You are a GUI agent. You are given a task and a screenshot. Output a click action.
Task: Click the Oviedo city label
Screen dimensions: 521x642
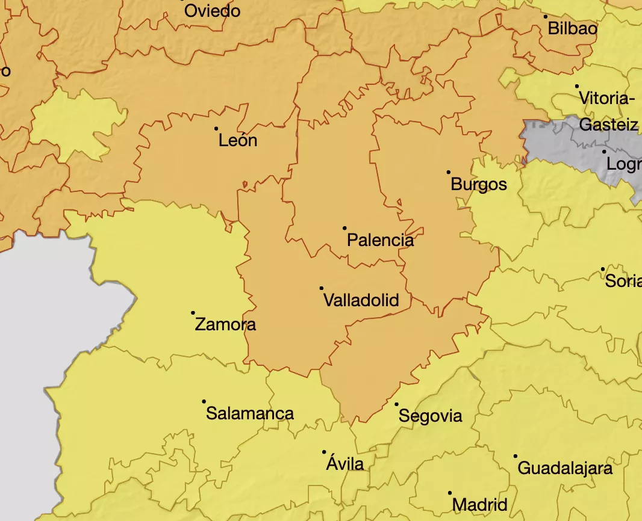click(212, 11)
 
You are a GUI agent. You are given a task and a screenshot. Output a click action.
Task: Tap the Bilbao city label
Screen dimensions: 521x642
click(572, 28)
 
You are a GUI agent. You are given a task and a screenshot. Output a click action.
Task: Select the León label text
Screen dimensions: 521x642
click(237, 141)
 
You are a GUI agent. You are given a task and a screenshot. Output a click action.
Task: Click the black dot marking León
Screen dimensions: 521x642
click(216, 128)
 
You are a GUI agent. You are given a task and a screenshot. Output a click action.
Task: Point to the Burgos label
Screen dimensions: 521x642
click(479, 184)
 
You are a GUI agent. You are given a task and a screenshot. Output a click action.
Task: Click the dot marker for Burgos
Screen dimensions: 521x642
click(449, 172)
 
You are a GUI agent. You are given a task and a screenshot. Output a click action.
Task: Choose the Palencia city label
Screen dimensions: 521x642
click(380, 241)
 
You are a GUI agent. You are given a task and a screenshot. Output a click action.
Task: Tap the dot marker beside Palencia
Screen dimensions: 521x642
click(344, 228)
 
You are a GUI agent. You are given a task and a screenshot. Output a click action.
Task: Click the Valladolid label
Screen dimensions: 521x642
click(361, 300)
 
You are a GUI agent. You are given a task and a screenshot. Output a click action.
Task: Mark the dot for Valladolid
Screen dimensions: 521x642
click(322, 289)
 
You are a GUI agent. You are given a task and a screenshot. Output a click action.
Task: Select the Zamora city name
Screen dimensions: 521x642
click(225, 325)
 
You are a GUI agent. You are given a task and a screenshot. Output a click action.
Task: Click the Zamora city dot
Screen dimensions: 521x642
click(193, 313)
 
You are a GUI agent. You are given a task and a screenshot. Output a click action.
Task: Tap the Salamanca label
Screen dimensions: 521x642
click(249, 413)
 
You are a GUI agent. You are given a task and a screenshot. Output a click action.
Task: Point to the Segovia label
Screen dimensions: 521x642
click(430, 416)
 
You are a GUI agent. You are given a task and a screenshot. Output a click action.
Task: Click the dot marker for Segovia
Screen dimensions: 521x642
click(396, 404)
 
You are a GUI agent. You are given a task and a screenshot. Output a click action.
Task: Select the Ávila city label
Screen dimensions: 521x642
click(344, 464)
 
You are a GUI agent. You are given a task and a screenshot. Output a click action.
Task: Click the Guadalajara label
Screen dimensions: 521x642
click(564, 468)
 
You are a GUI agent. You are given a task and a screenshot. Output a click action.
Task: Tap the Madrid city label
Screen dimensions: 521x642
click(479, 504)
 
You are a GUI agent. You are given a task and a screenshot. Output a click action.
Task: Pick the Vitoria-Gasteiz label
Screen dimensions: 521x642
click(607, 111)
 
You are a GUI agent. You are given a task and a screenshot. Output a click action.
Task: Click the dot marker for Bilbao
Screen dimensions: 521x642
click(546, 17)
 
